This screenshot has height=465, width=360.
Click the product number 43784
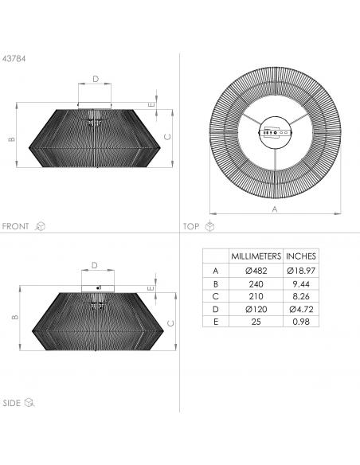coord(14,59)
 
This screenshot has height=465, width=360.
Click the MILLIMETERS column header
coord(256,256)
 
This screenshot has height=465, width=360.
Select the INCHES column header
coord(301,256)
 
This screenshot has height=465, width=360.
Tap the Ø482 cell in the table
coord(256,271)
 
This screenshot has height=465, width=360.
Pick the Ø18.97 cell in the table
coord(301,271)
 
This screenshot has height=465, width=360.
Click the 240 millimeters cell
coord(256,284)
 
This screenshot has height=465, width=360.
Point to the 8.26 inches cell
coord(301,296)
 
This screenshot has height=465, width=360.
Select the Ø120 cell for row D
coord(256,309)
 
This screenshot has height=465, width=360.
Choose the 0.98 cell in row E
coord(301,322)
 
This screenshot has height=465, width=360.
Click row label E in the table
coord(216,322)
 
